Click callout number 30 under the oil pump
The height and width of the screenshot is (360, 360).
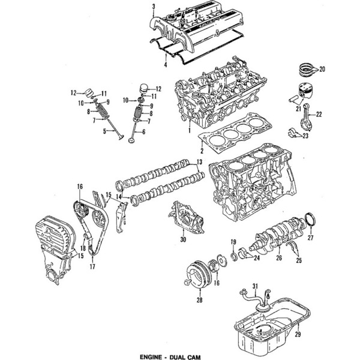[x=183, y=239]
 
